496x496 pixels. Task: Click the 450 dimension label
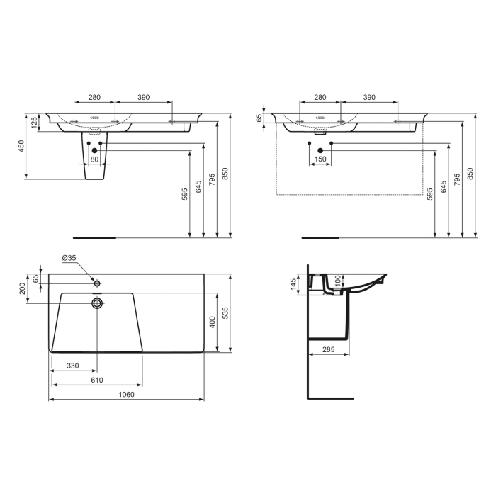(21, 145)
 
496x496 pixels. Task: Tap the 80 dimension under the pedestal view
(94, 159)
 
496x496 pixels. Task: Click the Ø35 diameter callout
(69, 258)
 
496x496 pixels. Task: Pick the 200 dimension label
(22, 288)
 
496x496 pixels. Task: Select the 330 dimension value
(72, 366)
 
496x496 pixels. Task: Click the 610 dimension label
(96, 381)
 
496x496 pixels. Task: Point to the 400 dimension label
(212, 322)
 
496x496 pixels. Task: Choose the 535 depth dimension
(226, 312)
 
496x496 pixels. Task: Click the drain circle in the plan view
(97, 303)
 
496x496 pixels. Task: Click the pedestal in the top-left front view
(94, 163)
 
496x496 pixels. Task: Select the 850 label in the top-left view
(225, 174)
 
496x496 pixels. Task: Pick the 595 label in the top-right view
(430, 194)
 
